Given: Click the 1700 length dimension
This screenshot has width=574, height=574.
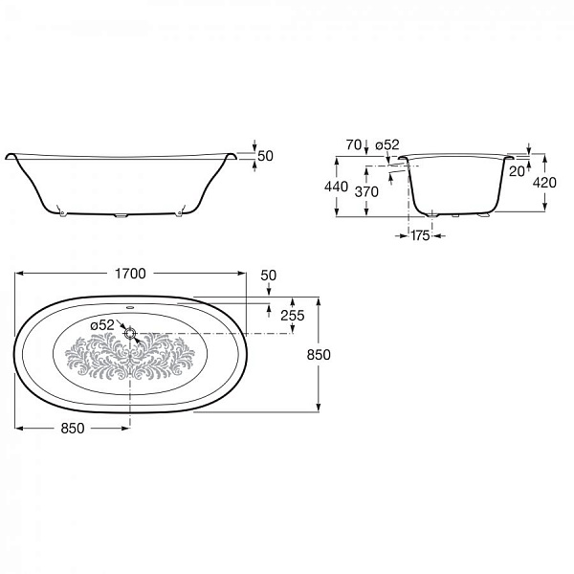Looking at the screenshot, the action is tap(130, 274).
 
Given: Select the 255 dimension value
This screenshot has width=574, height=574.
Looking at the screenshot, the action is tap(293, 315).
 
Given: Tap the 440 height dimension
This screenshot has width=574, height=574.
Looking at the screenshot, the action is tap(336, 187).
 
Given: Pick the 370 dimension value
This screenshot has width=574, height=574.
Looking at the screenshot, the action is tap(366, 192).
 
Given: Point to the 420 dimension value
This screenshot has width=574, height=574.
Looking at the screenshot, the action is tap(544, 183).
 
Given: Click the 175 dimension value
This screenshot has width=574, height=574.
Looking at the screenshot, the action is tap(420, 235).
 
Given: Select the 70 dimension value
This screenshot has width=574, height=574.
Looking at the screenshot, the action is tap(354, 145).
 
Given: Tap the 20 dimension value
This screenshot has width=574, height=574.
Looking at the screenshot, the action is tap(517, 171).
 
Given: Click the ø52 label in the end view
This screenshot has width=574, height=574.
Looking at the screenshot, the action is tap(386, 145).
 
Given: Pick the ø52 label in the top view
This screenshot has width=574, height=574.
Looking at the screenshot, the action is tap(102, 325).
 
